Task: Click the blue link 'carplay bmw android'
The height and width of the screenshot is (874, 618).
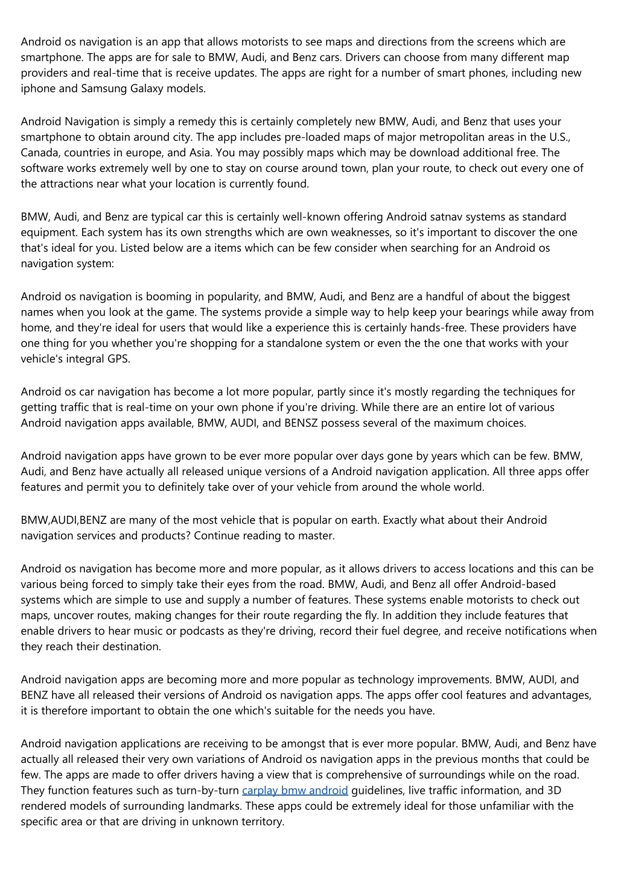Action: point(295,790)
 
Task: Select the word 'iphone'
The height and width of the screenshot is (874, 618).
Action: point(37,89)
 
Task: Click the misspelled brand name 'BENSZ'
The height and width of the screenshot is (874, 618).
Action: point(300,423)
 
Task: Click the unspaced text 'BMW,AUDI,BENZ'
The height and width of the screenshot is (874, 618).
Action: point(64,520)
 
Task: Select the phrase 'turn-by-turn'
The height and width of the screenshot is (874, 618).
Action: point(207,790)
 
